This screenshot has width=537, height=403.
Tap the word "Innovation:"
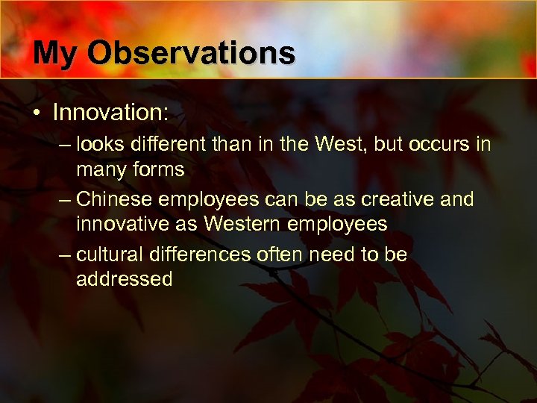pos(110,113)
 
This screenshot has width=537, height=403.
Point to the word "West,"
pos(339,143)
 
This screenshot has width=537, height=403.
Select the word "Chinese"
pos(118,199)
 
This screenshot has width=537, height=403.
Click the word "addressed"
pos(124,280)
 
